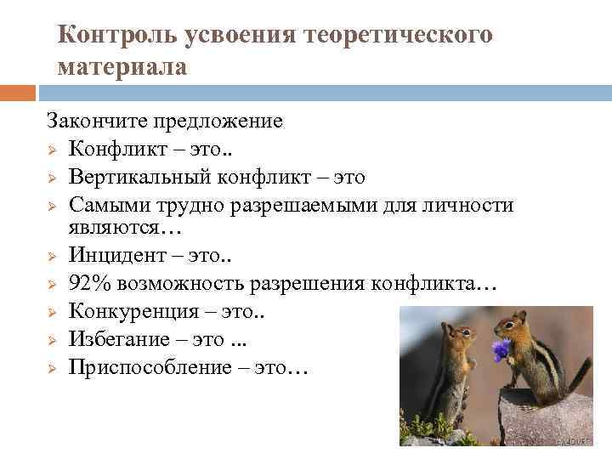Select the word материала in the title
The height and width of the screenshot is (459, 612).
122,66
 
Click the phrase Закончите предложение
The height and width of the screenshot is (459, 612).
164,121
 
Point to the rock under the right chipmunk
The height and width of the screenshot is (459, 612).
544,420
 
